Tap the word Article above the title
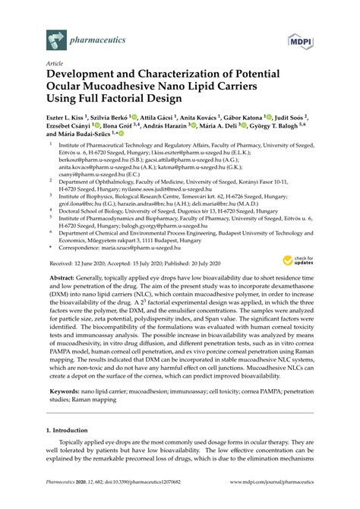[x=55, y=65]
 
